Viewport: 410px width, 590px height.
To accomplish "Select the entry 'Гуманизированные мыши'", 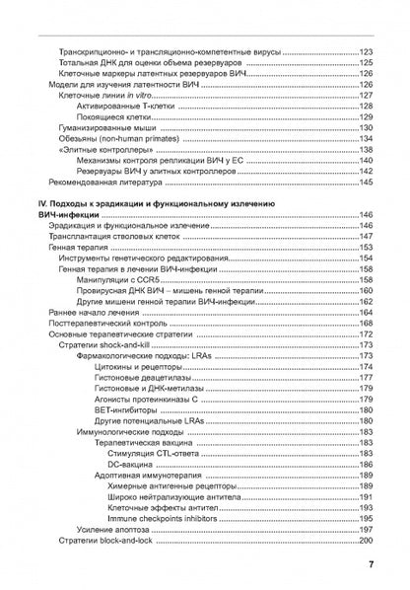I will click(105, 127).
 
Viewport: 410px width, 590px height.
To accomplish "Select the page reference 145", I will click(366, 183).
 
